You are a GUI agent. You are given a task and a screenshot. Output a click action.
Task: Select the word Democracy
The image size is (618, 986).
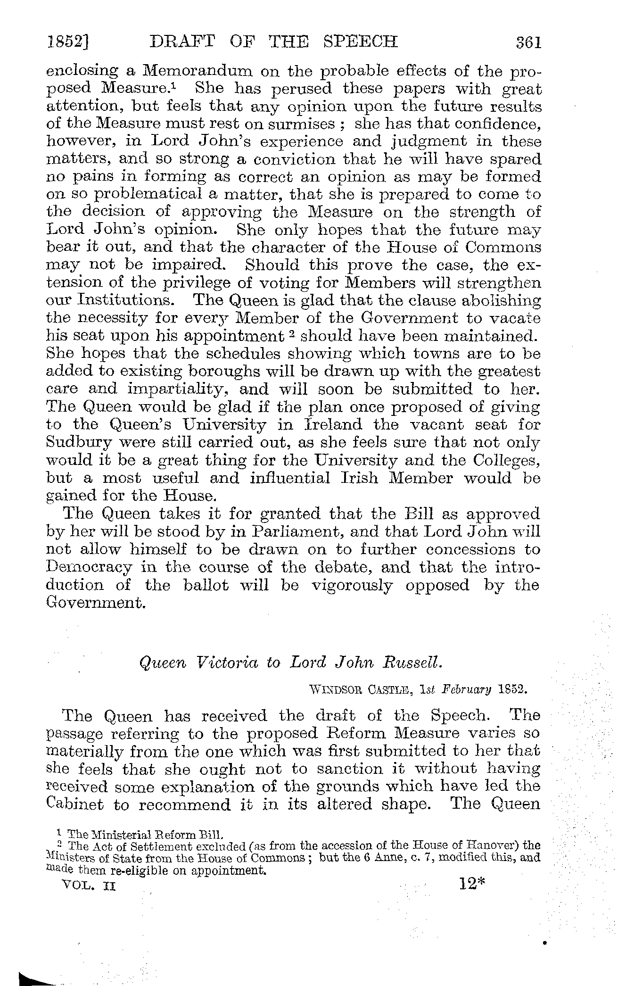90,567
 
